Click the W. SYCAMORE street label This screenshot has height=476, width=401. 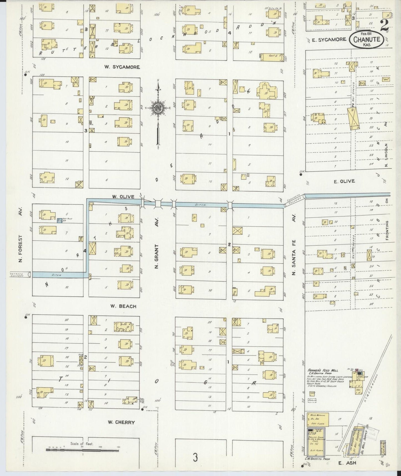(x=122, y=67)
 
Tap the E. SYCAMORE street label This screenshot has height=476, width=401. (x=329, y=40)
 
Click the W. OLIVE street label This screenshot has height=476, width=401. (x=123, y=197)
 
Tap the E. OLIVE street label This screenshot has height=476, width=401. (x=344, y=181)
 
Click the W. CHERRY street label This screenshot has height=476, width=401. (x=121, y=422)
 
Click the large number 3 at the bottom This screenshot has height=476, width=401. (x=196, y=457)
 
